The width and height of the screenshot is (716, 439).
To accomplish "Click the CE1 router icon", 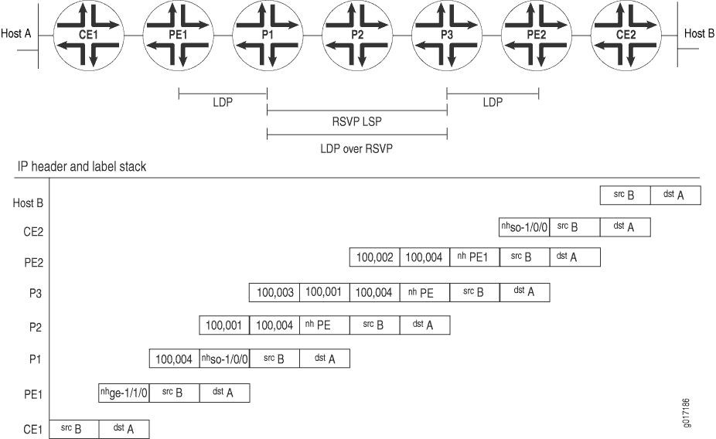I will (x=88, y=36).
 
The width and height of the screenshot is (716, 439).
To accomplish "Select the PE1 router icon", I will (x=177, y=36).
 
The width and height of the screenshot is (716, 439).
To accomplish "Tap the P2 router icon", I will (x=356, y=36).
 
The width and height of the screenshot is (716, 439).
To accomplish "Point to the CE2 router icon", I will (x=626, y=36).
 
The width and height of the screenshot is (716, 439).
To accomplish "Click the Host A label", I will (x=16, y=34).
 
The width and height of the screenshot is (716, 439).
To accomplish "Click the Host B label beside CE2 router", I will (x=699, y=34).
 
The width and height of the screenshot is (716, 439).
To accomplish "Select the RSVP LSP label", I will (x=356, y=121).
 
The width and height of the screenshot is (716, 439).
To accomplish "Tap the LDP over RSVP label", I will (x=356, y=147).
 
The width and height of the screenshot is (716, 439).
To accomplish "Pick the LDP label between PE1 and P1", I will (x=223, y=103).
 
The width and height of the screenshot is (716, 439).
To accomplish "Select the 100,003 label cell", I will (x=274, y=293).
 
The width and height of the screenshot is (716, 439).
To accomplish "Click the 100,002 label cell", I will (x=374, y=257).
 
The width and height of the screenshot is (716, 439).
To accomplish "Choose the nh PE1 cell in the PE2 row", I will (x=474, y=257).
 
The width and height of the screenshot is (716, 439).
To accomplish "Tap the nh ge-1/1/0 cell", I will (x=124, y=393).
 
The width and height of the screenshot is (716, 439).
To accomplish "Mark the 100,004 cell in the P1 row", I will (x=174, y=359).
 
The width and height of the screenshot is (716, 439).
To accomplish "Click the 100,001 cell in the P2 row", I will (x=224, y=325).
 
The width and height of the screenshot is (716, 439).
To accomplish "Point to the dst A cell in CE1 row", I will (x=124, y=429).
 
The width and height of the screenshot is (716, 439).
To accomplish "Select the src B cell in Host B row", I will (x=625, y=196).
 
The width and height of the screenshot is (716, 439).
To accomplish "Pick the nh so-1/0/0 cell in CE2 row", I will (x=524, y=227).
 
